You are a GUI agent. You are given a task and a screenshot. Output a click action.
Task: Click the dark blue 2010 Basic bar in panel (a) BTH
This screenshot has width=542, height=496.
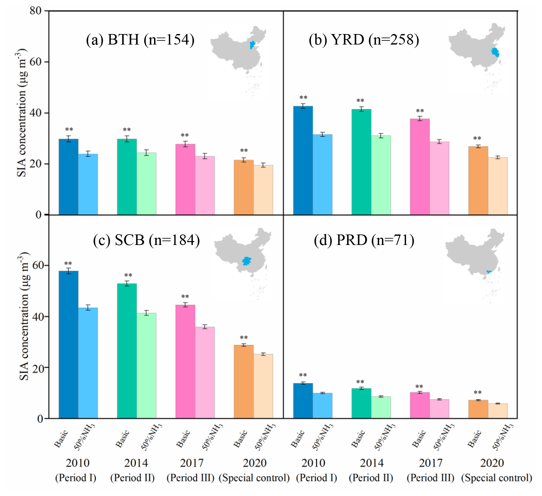pyautogui.click(x=68, y=177)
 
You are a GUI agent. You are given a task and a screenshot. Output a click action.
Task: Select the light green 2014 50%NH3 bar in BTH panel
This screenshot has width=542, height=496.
pyautogui.click(x=146, y=184)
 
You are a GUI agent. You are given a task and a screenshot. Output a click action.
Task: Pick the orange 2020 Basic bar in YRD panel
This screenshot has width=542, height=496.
pyautogui.click(x=478, y=180)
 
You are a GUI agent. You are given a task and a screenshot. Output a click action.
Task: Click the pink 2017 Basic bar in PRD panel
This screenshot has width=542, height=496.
pyautogui.click(x=419, y=405)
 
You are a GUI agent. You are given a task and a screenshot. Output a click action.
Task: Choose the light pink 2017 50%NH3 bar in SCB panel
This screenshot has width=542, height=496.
pyautogui.click(x=205, y=373)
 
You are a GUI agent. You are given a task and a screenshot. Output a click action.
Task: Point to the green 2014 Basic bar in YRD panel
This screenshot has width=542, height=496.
pyautogui.click(x=361, y=162)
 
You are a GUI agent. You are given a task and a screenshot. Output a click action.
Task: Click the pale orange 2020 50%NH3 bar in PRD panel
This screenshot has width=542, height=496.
pyautogui.click(x=497, y=411)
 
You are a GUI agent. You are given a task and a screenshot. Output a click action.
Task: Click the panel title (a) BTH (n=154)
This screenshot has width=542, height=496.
pyautogui.click(x=140, y=40)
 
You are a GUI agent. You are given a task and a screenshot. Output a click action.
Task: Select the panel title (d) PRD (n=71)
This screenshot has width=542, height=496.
pyautogui.click(x=364, y=240)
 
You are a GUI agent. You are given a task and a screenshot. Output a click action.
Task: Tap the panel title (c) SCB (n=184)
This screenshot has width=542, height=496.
pyautogui.click(x=146, y=240)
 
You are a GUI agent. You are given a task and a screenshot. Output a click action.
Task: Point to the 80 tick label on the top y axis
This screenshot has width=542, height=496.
pyautogui.click(x=36, y=11)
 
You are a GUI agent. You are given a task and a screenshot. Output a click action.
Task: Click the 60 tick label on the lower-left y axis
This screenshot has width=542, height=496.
pyautogui.click(x=36, y=265)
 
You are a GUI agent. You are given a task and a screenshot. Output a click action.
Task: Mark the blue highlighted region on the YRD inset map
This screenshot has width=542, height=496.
pyautogui.click(x=495, y=52)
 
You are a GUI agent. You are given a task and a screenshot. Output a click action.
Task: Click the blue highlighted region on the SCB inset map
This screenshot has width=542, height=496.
pyautogui.click(x=246, y=261)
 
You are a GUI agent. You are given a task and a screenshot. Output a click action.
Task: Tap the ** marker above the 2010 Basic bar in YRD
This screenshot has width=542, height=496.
pyautogui.click(x=303, y=98)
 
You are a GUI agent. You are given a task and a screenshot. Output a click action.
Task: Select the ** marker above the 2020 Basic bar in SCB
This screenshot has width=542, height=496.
pyautogui.click(x=244, y=338)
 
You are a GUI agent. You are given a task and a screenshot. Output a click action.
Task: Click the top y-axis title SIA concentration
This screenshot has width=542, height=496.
pyautogui.click(x=21, y=113)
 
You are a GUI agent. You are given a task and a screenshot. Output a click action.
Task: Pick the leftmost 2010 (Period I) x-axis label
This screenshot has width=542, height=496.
pyautogui.click(x=76, y=470)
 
